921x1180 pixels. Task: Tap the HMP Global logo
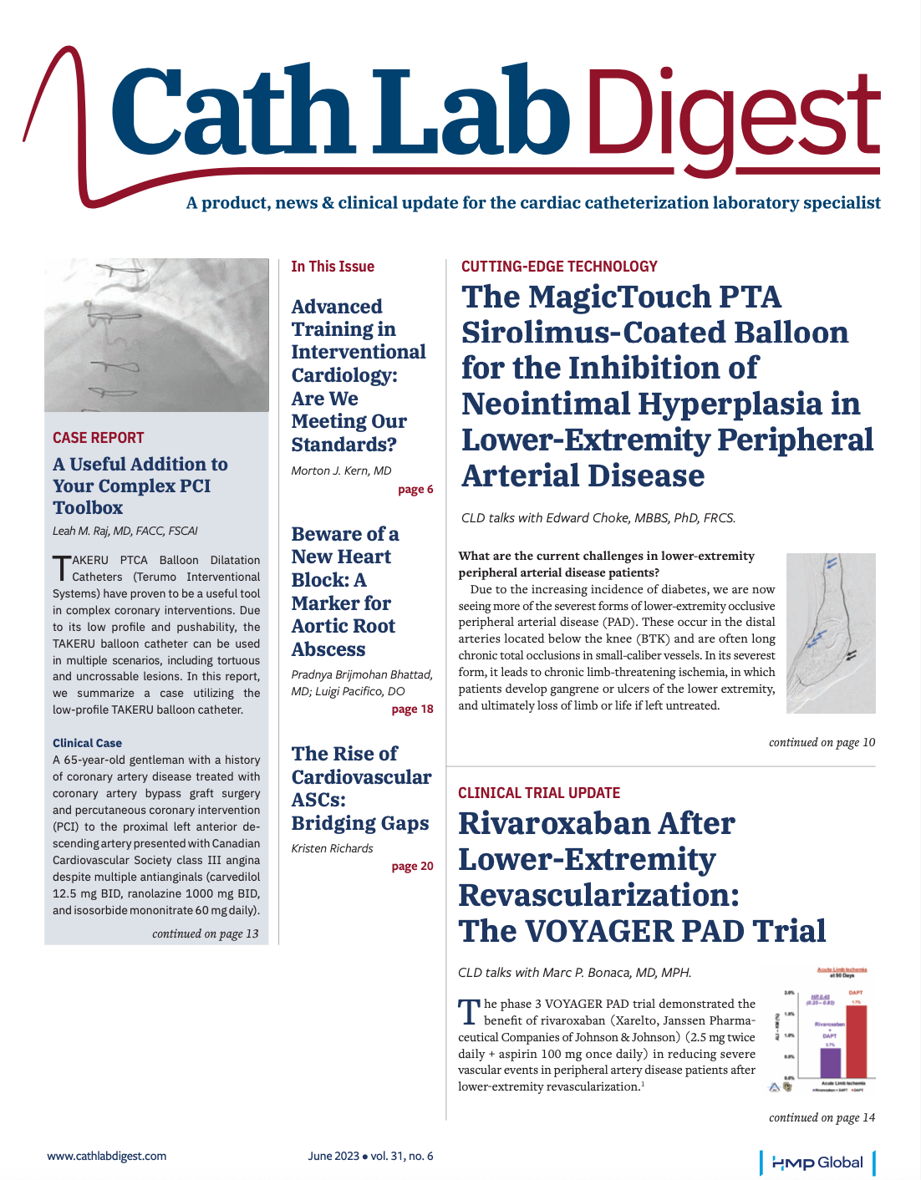817,1162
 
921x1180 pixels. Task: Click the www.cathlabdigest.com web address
106,1156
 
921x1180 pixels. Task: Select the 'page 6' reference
415,490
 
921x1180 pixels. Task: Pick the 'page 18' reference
412,710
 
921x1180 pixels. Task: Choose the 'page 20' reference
412,867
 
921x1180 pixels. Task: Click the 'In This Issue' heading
333,267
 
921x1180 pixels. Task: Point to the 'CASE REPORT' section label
98,438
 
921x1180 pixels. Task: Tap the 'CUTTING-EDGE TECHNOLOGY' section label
559,267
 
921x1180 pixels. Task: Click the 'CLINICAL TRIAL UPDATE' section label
539,793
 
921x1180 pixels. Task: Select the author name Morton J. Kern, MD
341,470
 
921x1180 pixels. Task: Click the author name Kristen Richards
332,848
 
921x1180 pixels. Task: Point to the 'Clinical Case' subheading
87,743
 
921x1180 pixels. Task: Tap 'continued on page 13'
205,933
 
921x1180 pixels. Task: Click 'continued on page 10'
822,742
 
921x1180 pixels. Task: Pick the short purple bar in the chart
830,1062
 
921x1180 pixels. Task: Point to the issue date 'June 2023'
333,1156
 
